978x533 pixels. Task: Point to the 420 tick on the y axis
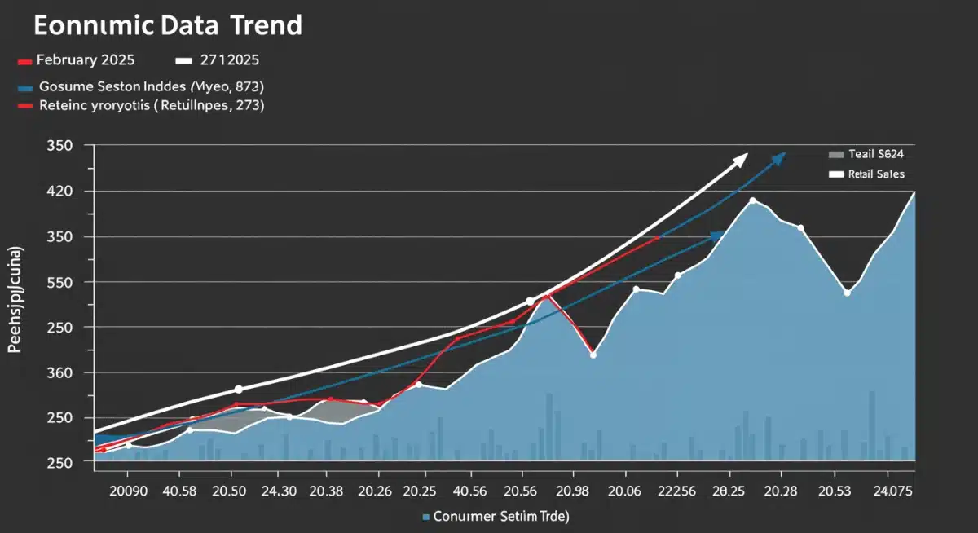pos(62,192)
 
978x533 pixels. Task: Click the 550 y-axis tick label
pos(62,282)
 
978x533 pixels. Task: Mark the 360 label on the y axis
pos(62,372)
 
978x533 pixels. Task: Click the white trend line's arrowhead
pos(740,158)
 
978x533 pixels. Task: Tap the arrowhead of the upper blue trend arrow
pos(778,157)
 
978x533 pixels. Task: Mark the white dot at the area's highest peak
pos(752,200)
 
